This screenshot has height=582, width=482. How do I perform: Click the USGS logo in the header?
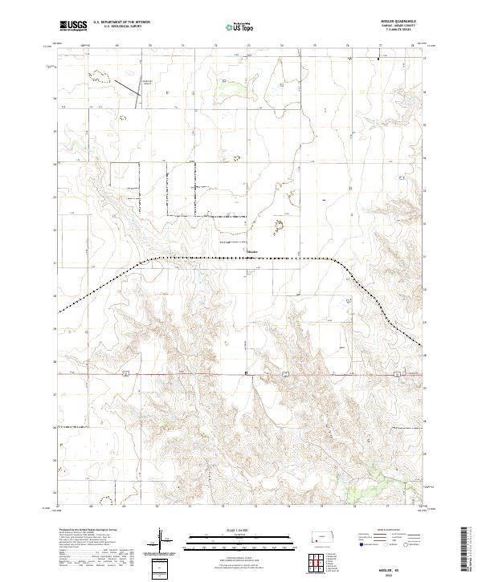tap(74, 26)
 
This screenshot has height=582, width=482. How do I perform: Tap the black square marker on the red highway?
tap(246, 373)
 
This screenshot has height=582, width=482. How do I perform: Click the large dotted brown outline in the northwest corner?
tap(99, 76)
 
